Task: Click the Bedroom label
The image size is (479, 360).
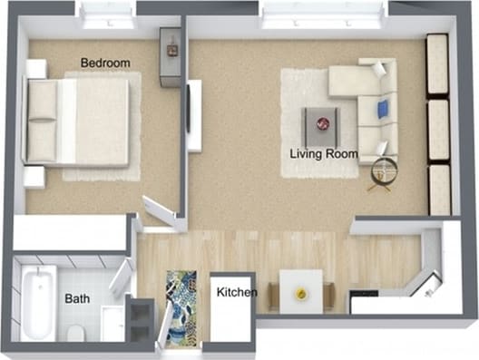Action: [x=105, y=63]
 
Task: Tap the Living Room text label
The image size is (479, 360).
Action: [x=323, y=153]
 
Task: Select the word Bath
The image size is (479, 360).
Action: [x=76, y=298]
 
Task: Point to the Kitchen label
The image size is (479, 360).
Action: [x=236, y=293]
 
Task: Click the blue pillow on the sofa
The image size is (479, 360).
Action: [x=382, y=110]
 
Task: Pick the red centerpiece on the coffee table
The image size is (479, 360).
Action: [x=322, y=122]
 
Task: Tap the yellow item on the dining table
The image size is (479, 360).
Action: [x=300, y=293]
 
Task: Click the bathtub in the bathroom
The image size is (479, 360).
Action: [x=38, y=301]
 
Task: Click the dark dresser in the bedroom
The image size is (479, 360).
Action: [x=170, y=56]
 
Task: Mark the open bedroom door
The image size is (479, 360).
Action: [x=157, y=210]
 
